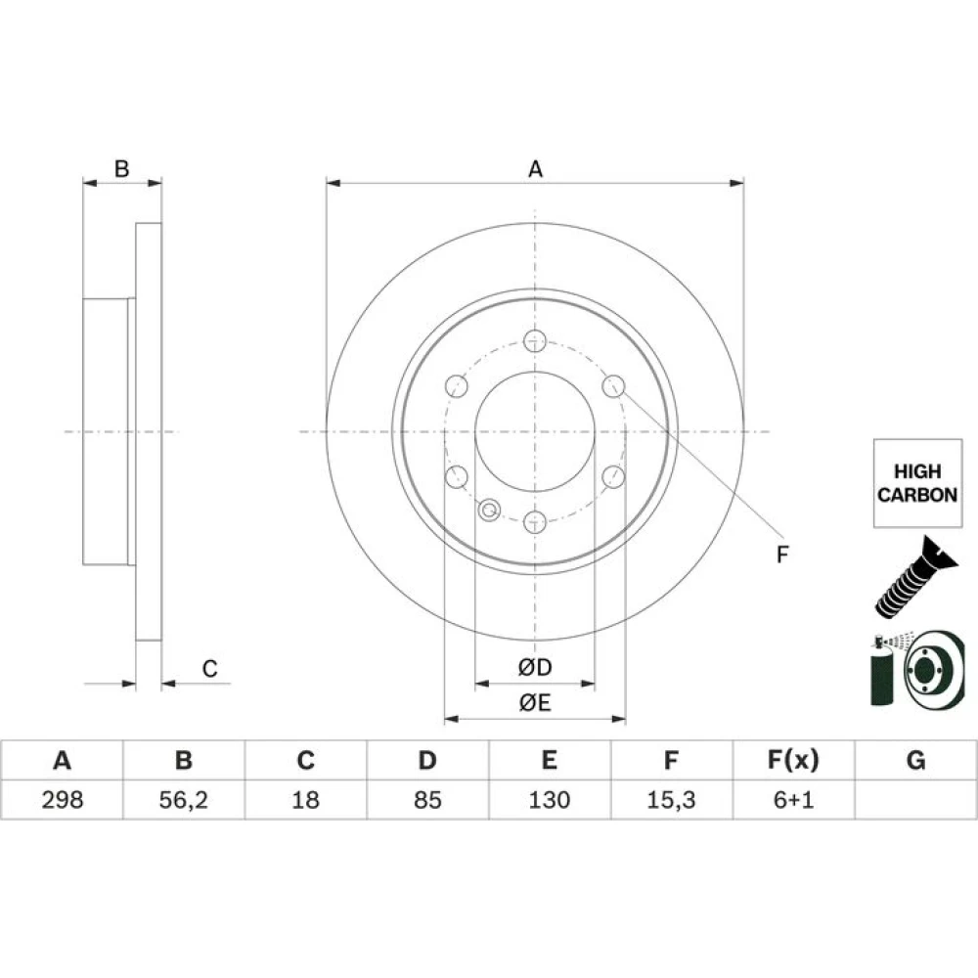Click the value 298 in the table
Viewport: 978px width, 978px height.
[x=63, y=800]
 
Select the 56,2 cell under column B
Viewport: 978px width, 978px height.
[x=184, y=800]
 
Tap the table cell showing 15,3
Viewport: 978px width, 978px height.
[x=671, y=800]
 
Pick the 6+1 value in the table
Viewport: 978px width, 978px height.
[x=793, y=800]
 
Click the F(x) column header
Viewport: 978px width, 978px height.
[x=793, y=760]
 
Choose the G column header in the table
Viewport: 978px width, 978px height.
[x=915, y=760]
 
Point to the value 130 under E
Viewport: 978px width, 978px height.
[x=550, y=800]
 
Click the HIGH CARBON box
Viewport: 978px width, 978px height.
[x=917, y=483]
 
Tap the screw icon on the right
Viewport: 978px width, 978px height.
[x=914, y=577]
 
